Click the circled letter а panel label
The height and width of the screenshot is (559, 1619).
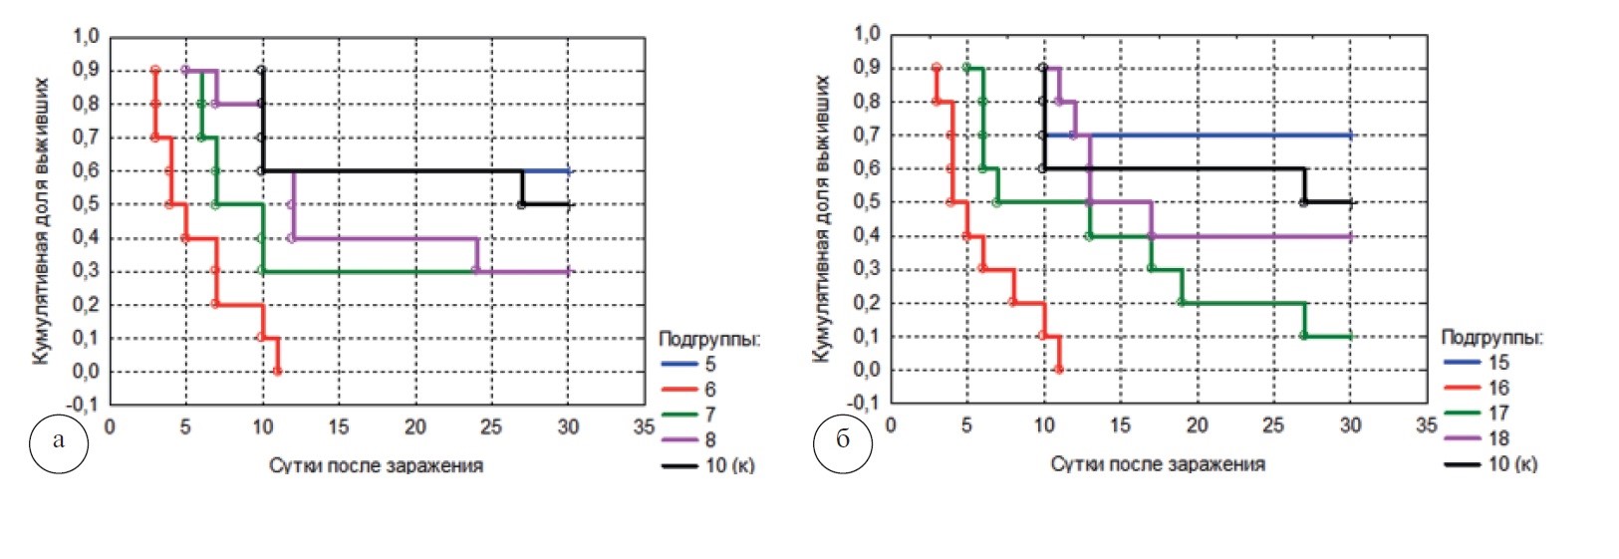pyautogui.click(x=59, y=439)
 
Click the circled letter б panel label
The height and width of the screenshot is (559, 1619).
pyautogui.click(x=842, y=439)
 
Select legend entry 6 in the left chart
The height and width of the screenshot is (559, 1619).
pyautogui.click(x=709, y=390)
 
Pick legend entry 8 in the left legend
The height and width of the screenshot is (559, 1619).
pyautogui.click(x=709, y=439)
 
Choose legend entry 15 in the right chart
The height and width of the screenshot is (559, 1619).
pyautogui.click(x=1497, y=363)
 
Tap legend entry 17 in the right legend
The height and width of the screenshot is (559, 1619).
pyautogui.click(x=1497, y=413)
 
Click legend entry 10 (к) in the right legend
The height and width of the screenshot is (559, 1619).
pyautogui.click(x=1511, y=463)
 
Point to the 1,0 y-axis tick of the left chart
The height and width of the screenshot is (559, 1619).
pyautogui.click(x=86, y=38)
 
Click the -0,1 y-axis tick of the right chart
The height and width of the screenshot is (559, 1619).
pyautogui.click(x=866, y=404)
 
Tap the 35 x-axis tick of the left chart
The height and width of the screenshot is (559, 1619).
pyautogui.click(x=645, y=427)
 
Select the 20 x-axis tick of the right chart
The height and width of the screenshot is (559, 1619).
pyautogui.click(x=1197, y=425)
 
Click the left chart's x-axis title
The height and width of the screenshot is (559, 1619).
pyautogui.click(x=376, y=465)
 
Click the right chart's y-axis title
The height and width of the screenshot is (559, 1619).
pyautogui.click(x=823, y=219)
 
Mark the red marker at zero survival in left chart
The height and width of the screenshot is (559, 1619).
pyautogui.click(x=277, y=372)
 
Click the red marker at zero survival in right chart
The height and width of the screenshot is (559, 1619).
pyautogui.click(x=1058, y=370)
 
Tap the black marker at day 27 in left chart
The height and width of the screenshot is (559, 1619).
pyautogui.click(x=521, y=204)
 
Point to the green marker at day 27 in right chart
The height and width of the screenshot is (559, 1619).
pyautogui.click(x=1303, y=336)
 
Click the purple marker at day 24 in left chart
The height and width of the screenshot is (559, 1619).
pyautogui.click(x=475, y=271)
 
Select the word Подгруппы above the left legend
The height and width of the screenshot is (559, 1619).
pyautogui.click(x=709, y=340)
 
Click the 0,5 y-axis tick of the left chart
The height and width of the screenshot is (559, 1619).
pyautogui.click(x=86, y=204)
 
